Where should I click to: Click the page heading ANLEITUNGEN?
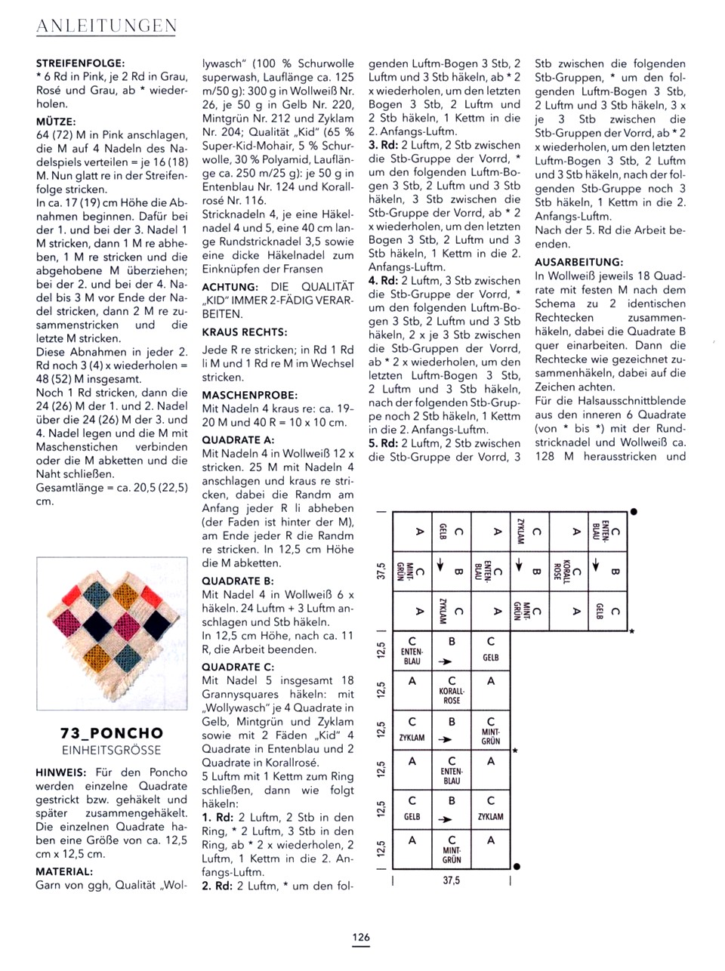pyautogui.click(x=106, y=26)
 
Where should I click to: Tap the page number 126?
pyautogui.click(x=361, y=937)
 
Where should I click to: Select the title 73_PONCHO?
pyautogui.click(x=112, y=733)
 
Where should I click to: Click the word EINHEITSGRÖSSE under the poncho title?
pyautogui.click(x=112, y=750)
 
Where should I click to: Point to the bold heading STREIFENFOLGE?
pyautogui.click(x=81, y=63)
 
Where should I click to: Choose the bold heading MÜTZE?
pyautogui.click(x=56, y=121)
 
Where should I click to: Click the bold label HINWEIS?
pyautogui.click(x=61, y=772)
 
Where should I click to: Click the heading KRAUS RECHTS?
pyautogui.click(x=244, y=331)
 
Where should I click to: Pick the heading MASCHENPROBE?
pyautogui.click(x=249, y=395)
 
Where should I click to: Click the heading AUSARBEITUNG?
pyautogui.click(x=579, y=262)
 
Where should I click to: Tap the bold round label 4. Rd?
pyautogui.click(x=383, y=280)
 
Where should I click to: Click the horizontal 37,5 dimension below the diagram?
pyautogui.click(x=452, y=880)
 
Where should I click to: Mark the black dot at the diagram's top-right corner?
pyautogui.click(x=634, y=512)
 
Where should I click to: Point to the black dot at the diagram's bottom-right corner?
pyautogui.click(x=517, y=867)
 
